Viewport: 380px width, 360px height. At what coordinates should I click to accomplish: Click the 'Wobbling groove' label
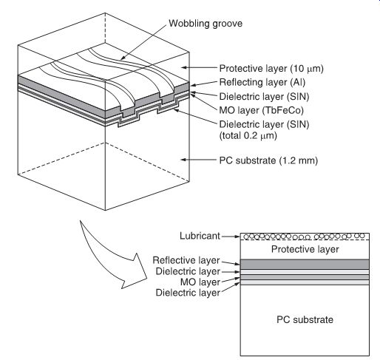click(x=206, y=24)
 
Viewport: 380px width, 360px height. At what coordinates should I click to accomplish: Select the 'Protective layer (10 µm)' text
click(x=271, y=68)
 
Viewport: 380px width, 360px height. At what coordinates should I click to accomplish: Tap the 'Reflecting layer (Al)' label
click(x=262, y=82)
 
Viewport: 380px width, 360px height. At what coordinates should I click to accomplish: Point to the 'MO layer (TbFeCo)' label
click(x=261, y=110)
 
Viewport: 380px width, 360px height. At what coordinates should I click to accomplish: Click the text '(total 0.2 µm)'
click(x=248, y=135)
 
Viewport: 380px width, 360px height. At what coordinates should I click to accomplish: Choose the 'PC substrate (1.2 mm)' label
click(x=268, y=160)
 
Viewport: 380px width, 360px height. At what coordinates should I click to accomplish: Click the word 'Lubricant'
click(x=200, y=236)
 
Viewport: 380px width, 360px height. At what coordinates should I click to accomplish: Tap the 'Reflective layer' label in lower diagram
click(x=186, y=260)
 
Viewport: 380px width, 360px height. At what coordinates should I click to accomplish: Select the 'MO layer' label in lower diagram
click(x=200, y=282)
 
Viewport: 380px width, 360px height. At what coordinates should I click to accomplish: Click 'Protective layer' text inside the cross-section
click(x=305, y=249)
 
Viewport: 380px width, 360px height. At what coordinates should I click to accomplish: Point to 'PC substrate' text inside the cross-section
click(x=305, y=319)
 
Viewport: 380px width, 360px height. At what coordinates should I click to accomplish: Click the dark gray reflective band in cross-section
click(x=305, y=264)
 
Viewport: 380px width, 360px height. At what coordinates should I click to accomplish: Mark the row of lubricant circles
click(x=304, y=237)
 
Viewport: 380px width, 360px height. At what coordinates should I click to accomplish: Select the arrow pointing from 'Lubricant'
click(x=231, y=237)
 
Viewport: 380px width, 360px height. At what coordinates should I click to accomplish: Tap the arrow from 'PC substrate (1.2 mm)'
click(x=200, y=160)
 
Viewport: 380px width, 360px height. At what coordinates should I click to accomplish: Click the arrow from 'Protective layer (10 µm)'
click(x=200, y=67)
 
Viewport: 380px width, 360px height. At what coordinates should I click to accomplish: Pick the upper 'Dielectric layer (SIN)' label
click(x=264, y=96)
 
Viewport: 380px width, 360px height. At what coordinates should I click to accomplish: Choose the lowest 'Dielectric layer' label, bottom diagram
click(x=188, y=293)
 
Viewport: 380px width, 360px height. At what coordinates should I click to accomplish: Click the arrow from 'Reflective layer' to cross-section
click(x=231, y=262)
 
